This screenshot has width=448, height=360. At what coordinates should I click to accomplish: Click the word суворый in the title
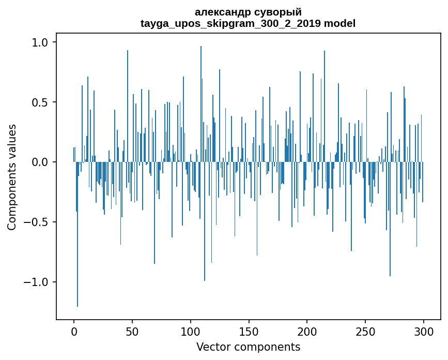pyautogui.click(x=276, y=12)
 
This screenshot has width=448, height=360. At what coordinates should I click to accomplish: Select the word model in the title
pyautogui.click(x=339, y=23)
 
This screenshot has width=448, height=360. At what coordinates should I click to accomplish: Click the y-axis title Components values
pyautogui.click(x=12, y=177)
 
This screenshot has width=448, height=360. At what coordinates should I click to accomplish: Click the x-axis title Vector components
pyautogui.click(x=248, y=347)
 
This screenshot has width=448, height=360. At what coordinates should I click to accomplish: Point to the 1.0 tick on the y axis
pyautogui.click(x=41, y=42)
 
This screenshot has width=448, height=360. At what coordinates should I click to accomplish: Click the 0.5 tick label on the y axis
pyautogui.click(x=41, y=102)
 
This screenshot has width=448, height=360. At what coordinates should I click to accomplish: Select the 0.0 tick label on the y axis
pyautogui.click(x=41, y=162)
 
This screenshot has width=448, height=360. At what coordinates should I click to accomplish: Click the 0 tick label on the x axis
pyautogui.click(x=74, y=331)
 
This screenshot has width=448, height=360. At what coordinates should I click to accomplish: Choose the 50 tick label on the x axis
pyautogui.click(x=132, y=331)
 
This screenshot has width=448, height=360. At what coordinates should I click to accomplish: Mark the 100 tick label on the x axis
pyautogui.click(x=191, y=331)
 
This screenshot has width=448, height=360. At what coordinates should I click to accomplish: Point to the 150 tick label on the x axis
pyautogui.click(x=249, y=331)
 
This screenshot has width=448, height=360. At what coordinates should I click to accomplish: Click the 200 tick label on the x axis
pyautogui.click(x=307, y=331)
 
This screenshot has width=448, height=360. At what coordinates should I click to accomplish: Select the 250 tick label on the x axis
pyautogui.click(x=366, y=331)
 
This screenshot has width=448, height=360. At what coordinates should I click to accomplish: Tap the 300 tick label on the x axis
pyautogui.click(x=424, y=331)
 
